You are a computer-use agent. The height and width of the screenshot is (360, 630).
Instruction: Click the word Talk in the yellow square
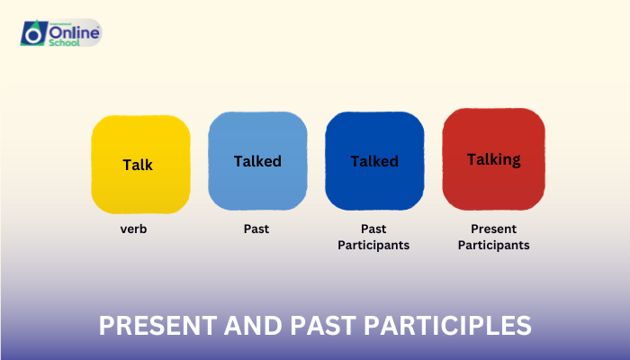pos(138,165)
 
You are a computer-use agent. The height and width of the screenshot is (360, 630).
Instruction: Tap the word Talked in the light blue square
pos(257,162)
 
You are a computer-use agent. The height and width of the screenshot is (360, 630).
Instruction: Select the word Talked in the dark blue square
pos(374,162)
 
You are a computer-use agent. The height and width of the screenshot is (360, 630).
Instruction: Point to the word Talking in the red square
pos(493,159)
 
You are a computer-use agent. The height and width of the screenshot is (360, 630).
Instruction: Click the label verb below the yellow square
pos(134,229)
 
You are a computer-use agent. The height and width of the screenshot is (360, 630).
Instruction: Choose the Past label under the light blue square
pos(256,229)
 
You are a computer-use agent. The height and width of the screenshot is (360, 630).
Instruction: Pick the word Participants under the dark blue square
pos(373,245)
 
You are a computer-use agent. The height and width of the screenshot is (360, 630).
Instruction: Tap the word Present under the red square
pos(493,229)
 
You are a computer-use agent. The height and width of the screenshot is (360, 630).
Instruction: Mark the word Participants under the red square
pos(493,245)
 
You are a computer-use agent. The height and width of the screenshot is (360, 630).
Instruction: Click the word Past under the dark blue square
pos(373,229)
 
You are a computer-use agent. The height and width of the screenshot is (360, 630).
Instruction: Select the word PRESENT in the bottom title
pos(149,325)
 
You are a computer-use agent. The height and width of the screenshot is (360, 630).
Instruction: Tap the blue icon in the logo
pos(33,32)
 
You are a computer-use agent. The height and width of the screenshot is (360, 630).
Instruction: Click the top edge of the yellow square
pos(140,115)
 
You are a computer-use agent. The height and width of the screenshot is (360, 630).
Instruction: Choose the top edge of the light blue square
pos(257,112)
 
